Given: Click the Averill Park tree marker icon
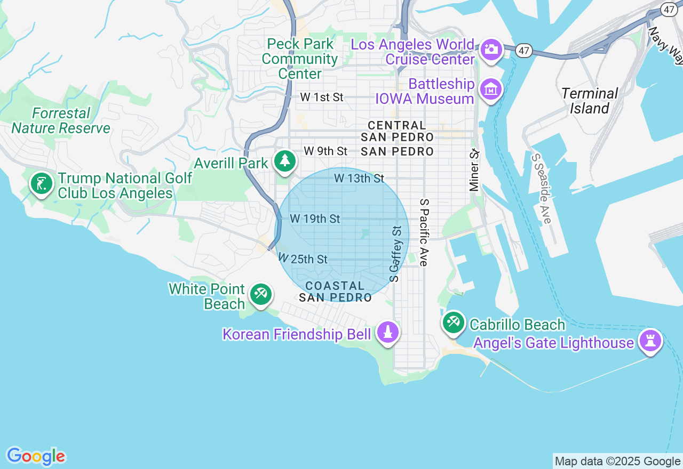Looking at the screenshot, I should coord(285,160).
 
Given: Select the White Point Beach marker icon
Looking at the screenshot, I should coord(260,294).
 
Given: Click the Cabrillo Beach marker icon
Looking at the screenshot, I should coord(454,322).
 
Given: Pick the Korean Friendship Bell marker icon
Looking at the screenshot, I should coord(388,331).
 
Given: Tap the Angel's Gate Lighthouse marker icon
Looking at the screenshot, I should coord(650,339).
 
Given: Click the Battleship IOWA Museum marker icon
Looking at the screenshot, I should coord(491,89).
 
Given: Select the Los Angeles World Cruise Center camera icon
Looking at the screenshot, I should coord(491,50).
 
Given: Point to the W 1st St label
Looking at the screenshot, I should coord(322,97).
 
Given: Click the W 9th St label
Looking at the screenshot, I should coord(325,151).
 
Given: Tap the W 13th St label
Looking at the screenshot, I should coord(359,178).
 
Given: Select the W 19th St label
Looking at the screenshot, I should coord(315,219).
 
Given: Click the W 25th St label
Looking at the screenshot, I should coord(303,259).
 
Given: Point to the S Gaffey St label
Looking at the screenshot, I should coord(395,254).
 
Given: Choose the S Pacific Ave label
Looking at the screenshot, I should coord(424,232).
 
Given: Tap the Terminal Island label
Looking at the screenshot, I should coord(589,101).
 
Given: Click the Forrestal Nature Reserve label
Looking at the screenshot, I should coord(61,120).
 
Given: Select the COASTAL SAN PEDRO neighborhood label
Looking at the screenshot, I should coord(335,292).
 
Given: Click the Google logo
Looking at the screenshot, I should coord(36,456).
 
